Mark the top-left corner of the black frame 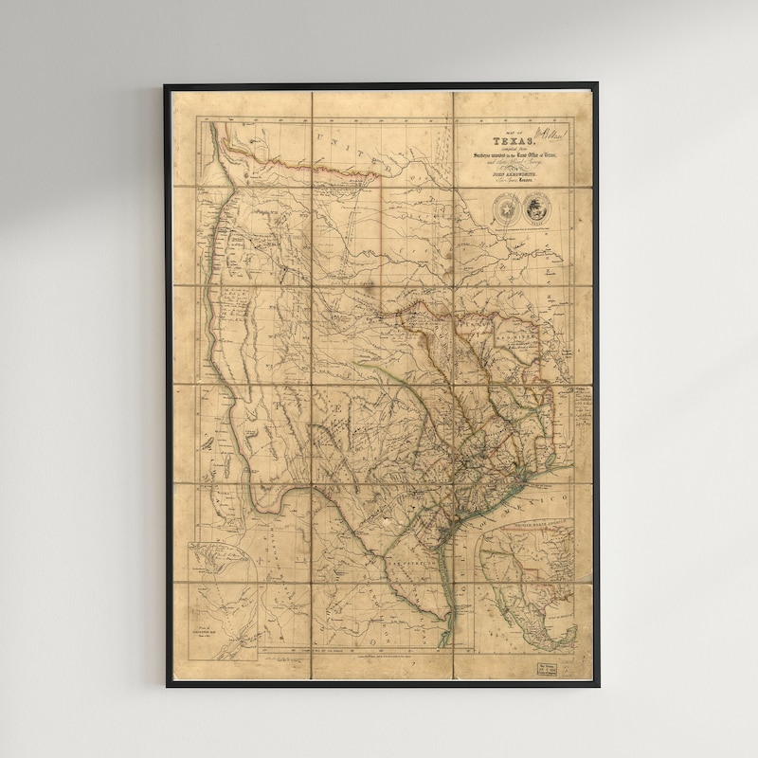165,85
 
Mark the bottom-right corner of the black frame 597,686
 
